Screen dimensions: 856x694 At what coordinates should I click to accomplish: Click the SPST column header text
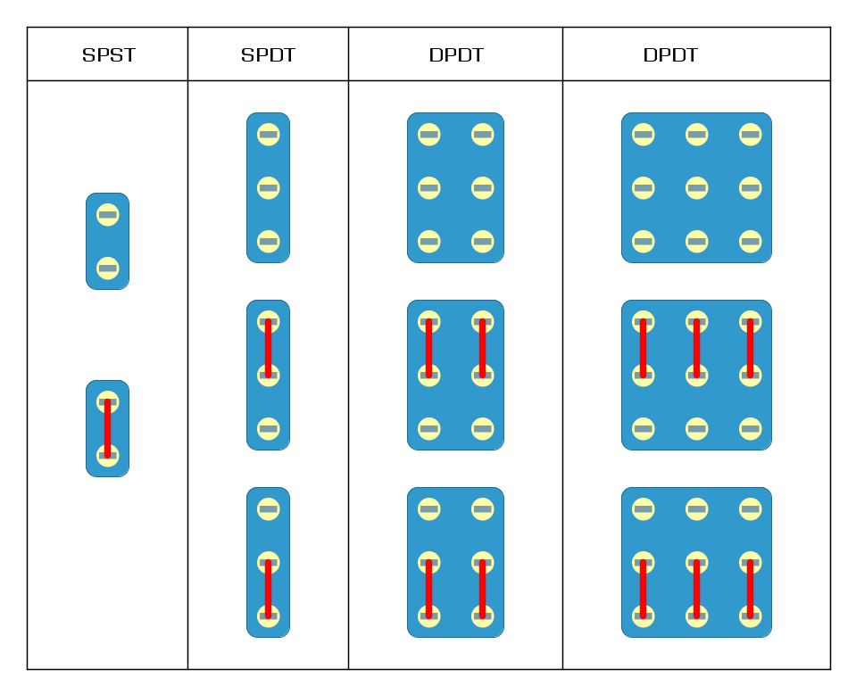coord(109,55)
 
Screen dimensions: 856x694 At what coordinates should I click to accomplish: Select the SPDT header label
coord(268,55)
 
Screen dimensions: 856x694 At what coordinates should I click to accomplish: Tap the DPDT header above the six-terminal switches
coord(456,55)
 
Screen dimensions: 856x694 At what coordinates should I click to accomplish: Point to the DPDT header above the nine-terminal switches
coord(670,55)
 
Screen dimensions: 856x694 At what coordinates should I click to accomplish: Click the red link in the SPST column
coord(107,429)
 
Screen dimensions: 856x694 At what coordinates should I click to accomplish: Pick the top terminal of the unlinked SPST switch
coord(107,215)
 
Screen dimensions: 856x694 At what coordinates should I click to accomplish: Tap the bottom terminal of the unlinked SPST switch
coord(107,269)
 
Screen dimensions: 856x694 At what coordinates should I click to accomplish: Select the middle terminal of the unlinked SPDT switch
coord(268,188)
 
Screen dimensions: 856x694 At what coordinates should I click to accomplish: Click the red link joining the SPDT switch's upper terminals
coord(268,349)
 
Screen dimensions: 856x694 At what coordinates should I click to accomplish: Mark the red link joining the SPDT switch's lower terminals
coord(268,590)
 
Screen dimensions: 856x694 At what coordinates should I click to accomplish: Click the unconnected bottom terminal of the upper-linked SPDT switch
coord(268,429)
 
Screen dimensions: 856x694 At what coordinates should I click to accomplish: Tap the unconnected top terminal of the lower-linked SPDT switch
coord(268,509)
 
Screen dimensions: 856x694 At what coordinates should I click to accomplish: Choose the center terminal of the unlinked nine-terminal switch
coord(696,188)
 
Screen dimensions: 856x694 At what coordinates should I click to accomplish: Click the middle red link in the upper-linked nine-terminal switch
coord(696,349)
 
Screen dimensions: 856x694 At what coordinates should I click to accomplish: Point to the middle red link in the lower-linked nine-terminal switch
coord(696,590)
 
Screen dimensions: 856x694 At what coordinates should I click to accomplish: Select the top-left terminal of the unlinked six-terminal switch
coord(429,135)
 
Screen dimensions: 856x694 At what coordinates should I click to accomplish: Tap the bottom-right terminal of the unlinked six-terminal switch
coord(483,242)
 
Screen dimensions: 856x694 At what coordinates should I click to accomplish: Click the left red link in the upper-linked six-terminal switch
coord(429,349)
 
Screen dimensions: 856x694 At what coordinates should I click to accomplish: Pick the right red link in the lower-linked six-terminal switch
coord(483,590)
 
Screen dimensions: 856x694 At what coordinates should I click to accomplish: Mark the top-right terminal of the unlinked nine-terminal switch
coord(750,135)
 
